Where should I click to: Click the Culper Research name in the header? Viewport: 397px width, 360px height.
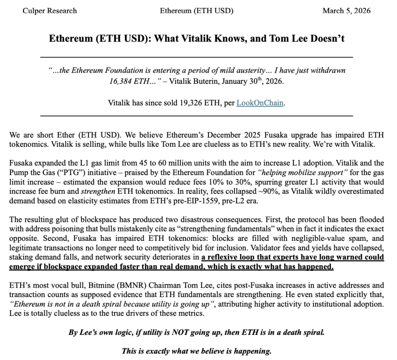pyautogui.click(x=50, y=11)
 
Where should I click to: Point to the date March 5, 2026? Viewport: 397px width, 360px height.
pyautogui.click(x=346, y=11)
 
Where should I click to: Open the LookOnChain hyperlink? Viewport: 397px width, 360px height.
pyautogui.click(x=260, y=103)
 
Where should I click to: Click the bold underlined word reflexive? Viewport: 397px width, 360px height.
pyautogui.click(x=222, y=258)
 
